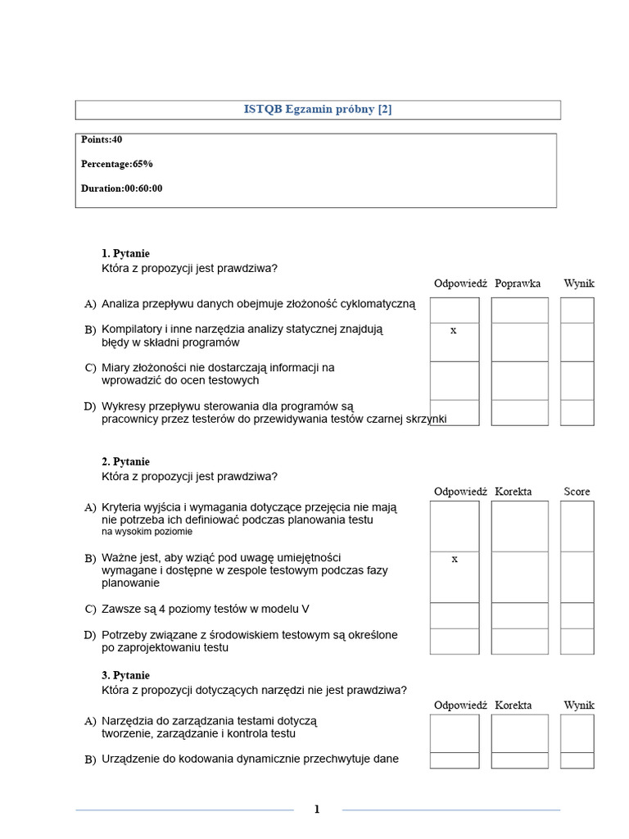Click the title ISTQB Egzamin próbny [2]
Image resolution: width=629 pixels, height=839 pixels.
click(318, 110)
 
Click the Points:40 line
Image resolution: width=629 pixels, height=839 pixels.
click(102, 140)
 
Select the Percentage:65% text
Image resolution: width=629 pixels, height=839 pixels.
click(116, 164)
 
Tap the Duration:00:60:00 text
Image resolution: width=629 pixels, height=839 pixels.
click(121, 188)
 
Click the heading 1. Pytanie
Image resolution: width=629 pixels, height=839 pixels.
click(125, 254)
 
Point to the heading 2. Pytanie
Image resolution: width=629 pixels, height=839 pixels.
click(125, 462)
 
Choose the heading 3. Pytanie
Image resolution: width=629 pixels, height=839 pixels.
click(125, 676)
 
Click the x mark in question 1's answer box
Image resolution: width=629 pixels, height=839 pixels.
click(454, 331)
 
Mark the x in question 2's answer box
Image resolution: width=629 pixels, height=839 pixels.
click(454, 560)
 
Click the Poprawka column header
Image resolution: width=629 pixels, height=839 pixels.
click(518, 283)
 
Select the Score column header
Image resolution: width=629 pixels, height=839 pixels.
click(577, 492)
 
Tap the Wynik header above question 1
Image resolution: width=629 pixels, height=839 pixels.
click(578, 283)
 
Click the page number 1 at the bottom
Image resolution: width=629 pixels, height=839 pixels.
click(317, 810)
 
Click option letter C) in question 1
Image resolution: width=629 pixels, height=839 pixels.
click(91, 368)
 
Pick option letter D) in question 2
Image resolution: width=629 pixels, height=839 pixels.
click(91, 635)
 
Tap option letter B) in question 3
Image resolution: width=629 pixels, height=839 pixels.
click(91, 760)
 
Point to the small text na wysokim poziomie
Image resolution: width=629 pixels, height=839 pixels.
click(147, 532)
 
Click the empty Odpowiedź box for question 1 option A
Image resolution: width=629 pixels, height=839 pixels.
click(454, 310)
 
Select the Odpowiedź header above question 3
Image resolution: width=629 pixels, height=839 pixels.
click(460, 705)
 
